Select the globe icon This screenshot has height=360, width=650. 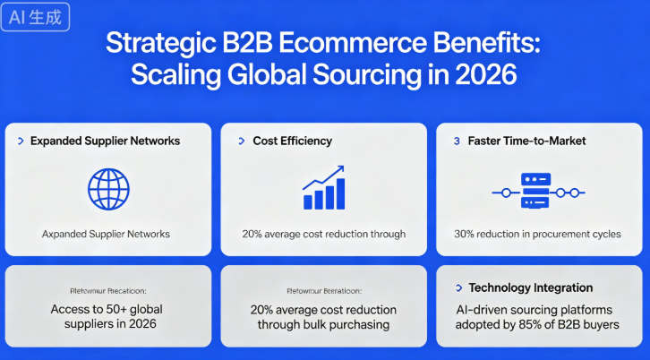point(108,189)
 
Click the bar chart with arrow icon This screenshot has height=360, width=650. point(323,188)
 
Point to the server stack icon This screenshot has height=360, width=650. point(539,192)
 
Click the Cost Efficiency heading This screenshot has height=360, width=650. point(292,141)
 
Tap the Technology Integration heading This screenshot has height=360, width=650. point(531,287)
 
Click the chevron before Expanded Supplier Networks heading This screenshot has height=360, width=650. point(21,141)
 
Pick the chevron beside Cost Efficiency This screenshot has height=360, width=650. point(242,141)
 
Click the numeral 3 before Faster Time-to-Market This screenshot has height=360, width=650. point(457,141)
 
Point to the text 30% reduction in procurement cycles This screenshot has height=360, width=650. point(538,234)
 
